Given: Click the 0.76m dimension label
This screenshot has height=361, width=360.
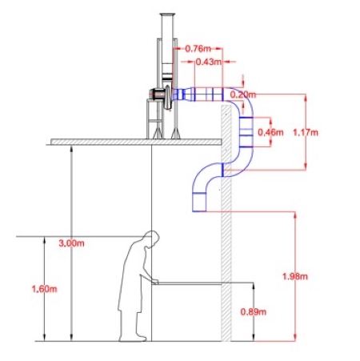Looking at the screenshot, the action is (198, 49).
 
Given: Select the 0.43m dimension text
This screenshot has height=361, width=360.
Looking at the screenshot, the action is (209, 62).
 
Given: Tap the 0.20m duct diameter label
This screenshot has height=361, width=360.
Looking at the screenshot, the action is (242, 94).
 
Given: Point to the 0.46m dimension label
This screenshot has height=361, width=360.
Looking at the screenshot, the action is (270, 132).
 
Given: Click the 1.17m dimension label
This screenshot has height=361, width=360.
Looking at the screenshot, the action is (306, 132).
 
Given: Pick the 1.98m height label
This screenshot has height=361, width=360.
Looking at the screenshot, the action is (295, 276).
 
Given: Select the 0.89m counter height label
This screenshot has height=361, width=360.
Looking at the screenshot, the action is (254, 311).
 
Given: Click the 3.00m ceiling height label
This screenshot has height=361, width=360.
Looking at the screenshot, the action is (71, 243).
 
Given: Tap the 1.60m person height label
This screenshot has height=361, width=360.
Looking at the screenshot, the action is (44, 289).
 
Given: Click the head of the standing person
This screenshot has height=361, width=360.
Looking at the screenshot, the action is (151, 239).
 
